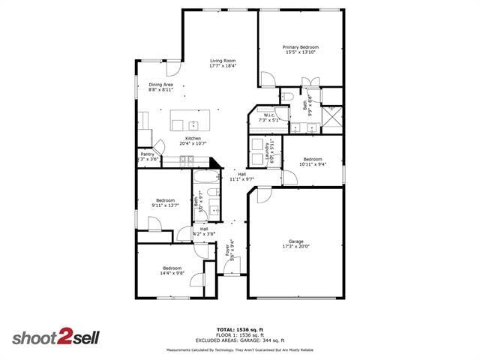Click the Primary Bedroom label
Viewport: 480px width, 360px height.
pyautogui.click(x=301, y=47)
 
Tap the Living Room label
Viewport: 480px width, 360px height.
pyautogui.click(x=223, y=61)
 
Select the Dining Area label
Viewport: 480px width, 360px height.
pyautogui.click(x=160, y=84)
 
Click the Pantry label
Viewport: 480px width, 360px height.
pyautogui.click(x=148, y=154)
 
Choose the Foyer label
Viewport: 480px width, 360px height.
pyautogui.click(x=228, y=250)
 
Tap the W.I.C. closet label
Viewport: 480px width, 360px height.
pyautogui.click(x=268, y=115)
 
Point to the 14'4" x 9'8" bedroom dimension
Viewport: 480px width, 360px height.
pyautogui.click(x=172, y=273)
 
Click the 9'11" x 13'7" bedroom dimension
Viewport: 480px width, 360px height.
pyautogui.click(x=165, y=205)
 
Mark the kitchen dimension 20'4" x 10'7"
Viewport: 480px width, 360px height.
pyautogui.click(x=193, y=143)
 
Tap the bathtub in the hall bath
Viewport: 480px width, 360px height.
pyautogui.click(x=205, y=178)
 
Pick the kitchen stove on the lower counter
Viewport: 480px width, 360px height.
pyautogui.click(x=185, y=159)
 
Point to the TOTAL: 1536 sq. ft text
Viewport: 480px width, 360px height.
pyautogui.click(x=240, y=329)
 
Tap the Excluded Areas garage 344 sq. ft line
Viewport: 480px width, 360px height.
pyautogui.click(x=240, y=340)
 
